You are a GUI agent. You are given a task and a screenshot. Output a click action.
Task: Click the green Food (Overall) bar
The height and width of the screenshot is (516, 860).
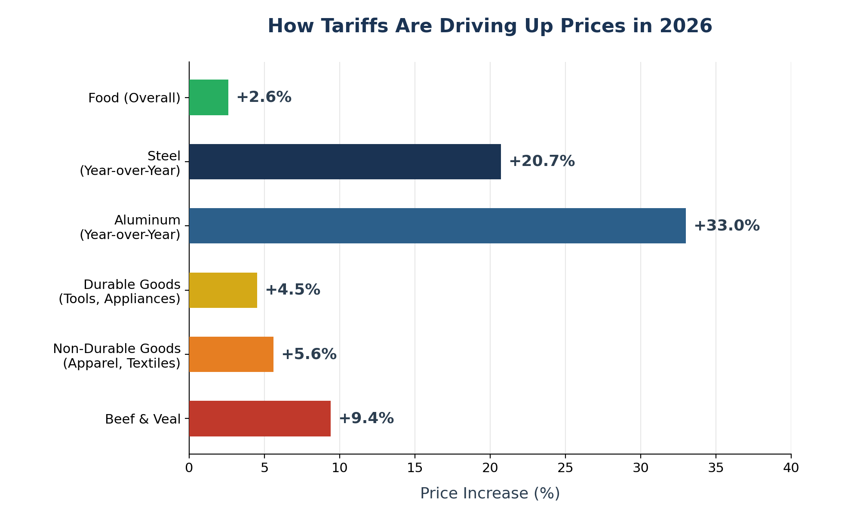coord(209,97)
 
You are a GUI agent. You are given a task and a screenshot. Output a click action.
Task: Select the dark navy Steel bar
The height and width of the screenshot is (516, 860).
coord(345,162)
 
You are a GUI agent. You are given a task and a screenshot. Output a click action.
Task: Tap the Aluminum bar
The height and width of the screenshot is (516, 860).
coord(437,226)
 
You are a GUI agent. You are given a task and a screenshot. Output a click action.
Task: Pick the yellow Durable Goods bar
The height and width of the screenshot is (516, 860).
coord(223,290)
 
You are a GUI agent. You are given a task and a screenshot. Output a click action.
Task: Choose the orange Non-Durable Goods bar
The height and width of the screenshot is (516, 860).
coord(231,354)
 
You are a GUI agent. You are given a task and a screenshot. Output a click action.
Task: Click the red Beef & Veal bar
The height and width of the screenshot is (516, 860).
coord(260,418)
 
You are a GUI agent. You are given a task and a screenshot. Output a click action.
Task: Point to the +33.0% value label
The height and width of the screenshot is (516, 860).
coord(727,226)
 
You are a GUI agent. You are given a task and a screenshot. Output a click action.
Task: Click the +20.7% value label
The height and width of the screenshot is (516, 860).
coord(542,162)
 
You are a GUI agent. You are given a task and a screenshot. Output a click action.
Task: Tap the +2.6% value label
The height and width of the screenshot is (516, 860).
coord(264,97)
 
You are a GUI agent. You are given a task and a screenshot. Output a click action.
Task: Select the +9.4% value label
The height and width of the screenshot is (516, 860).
coord(366,418)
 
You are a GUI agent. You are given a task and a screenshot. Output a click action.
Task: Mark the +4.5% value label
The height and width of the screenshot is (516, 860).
coord(293,290)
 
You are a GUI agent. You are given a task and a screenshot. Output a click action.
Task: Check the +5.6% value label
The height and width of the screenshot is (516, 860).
coord(309,354)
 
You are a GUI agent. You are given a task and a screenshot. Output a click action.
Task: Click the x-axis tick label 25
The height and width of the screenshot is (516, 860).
coord(565,468)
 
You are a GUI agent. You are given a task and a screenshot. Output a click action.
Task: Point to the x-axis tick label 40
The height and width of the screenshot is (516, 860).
coord(791,468)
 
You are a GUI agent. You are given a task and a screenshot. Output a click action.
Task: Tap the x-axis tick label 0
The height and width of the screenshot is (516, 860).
coord(189,468)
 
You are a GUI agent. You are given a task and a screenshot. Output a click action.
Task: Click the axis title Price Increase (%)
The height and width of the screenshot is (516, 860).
coord(490,493)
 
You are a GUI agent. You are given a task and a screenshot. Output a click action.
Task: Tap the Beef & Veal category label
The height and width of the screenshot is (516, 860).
coord(143,419)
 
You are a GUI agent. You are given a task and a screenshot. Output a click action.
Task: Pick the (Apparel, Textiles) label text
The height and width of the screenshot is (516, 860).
coord(122,363)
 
